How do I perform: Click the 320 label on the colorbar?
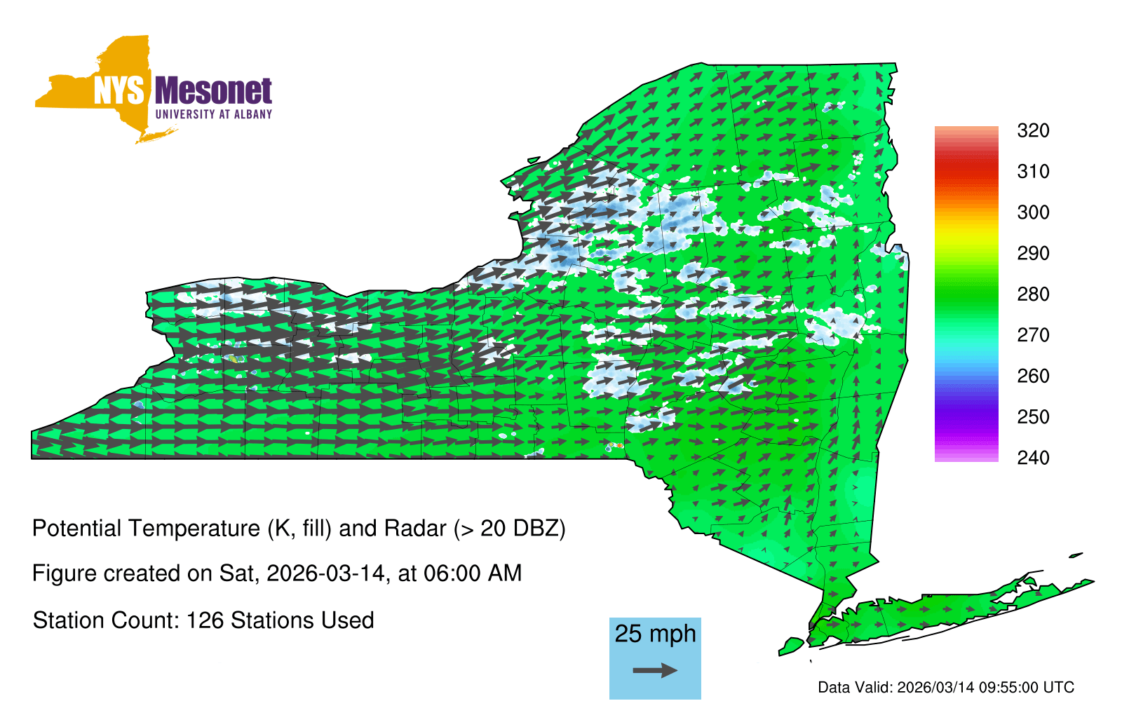pyautogui.click(x=1033, y=130)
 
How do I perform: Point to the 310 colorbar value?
pyautogui.click(x=1033, y=172)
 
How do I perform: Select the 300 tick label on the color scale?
pyautogui.click(x=1033, y=212)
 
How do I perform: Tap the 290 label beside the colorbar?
pyautogui.click(x=1033, y=253)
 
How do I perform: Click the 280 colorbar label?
pyautogui.click(x=1033, y=294)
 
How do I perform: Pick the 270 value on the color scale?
pyautogui.click(x=1033, y=335)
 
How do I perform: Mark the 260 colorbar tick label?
pyautogui.click(x=1033, y=376)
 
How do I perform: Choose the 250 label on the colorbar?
pyautogui.click(x=1033, y=416)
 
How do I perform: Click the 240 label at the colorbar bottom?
pyautogui.click(x=1033, y=458)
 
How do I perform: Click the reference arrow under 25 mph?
pyautogui.click(x=655, y=670)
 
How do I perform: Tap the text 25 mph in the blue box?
pyautogui.click(x=655, y=634)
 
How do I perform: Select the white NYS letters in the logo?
pyautogui.click(x=119, y=90)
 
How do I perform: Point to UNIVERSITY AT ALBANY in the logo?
pyautogui.click(x=214, y=114)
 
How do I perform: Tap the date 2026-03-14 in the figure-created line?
pyautogui.click(x=325, y=573)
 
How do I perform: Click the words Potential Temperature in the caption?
pyautogui.click(x=147, y=529)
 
